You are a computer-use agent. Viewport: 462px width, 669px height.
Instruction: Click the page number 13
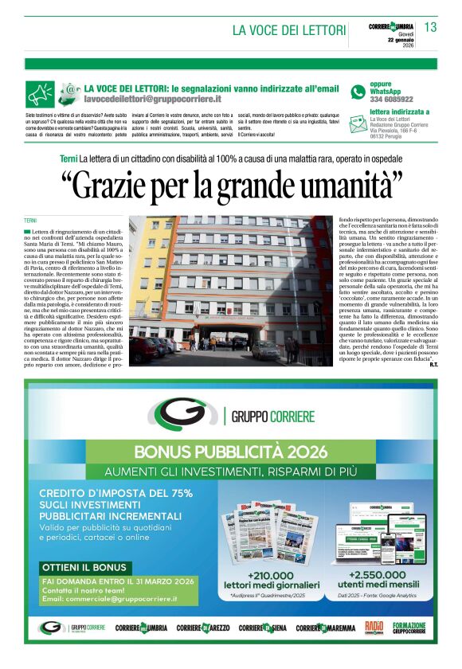tap(430, 27)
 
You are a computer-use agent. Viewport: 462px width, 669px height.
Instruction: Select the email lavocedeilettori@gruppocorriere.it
tap(152, 99)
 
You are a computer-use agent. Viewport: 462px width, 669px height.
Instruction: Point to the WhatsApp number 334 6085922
tap(392, 99)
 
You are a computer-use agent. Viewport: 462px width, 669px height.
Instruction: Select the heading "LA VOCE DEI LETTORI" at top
tap(288, 30)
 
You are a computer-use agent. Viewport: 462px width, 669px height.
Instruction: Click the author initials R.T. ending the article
tap(433, 365)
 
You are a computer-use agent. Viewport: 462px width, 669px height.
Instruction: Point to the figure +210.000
tap(271, 575)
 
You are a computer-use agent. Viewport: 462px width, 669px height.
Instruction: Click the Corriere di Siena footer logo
tap(262, 628)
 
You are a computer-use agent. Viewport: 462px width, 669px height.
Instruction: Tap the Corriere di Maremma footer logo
tap(326, 628)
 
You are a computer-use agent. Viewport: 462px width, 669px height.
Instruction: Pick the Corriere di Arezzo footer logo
tap(203, 628)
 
